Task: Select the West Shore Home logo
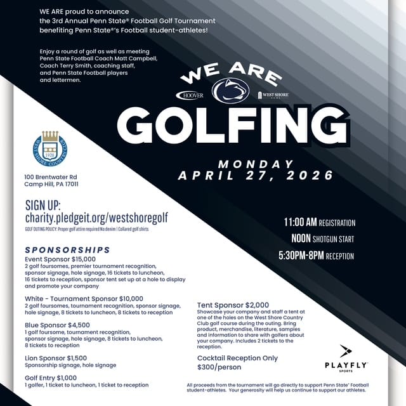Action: coord(273,95)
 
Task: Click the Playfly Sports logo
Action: coord(346,358)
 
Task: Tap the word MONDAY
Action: coord(256,164)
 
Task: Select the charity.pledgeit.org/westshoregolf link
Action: coord(96,218)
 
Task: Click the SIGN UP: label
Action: coord(43,205)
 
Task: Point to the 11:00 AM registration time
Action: coord(319,223)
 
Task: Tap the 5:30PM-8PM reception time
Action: coord(316,256)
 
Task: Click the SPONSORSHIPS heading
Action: coord(67,249)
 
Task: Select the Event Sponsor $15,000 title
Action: coord(60,259)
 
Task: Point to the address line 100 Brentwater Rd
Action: coord(51,176)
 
